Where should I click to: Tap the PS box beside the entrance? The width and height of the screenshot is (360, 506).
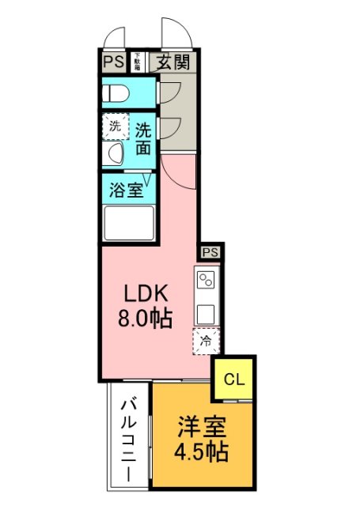112,62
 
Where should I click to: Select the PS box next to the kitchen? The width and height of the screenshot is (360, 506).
210,252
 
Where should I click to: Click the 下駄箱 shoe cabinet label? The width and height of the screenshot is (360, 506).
137,62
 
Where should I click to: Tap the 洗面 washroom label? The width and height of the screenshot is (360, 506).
142,137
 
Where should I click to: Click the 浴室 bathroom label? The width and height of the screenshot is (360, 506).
127,190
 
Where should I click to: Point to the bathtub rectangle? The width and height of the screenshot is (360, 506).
128,223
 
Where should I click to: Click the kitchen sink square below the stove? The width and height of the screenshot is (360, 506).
207,314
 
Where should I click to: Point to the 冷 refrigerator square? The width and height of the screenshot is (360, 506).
206,342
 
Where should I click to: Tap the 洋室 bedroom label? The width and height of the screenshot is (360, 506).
201,427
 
